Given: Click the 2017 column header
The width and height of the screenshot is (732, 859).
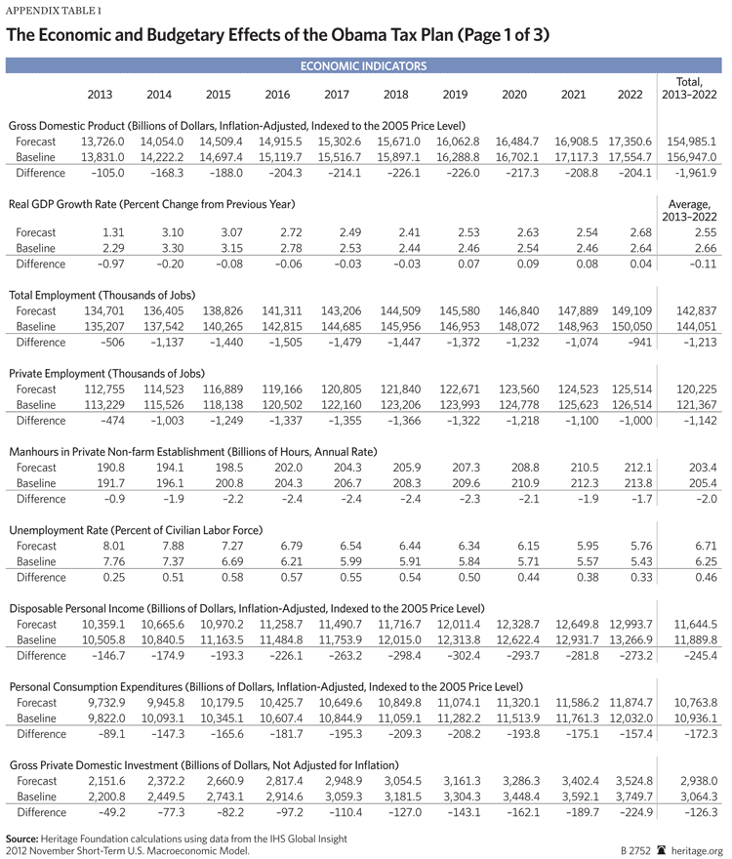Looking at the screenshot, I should click(x=337, y=94).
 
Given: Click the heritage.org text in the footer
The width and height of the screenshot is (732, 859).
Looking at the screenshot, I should click(x=695, y=849).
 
